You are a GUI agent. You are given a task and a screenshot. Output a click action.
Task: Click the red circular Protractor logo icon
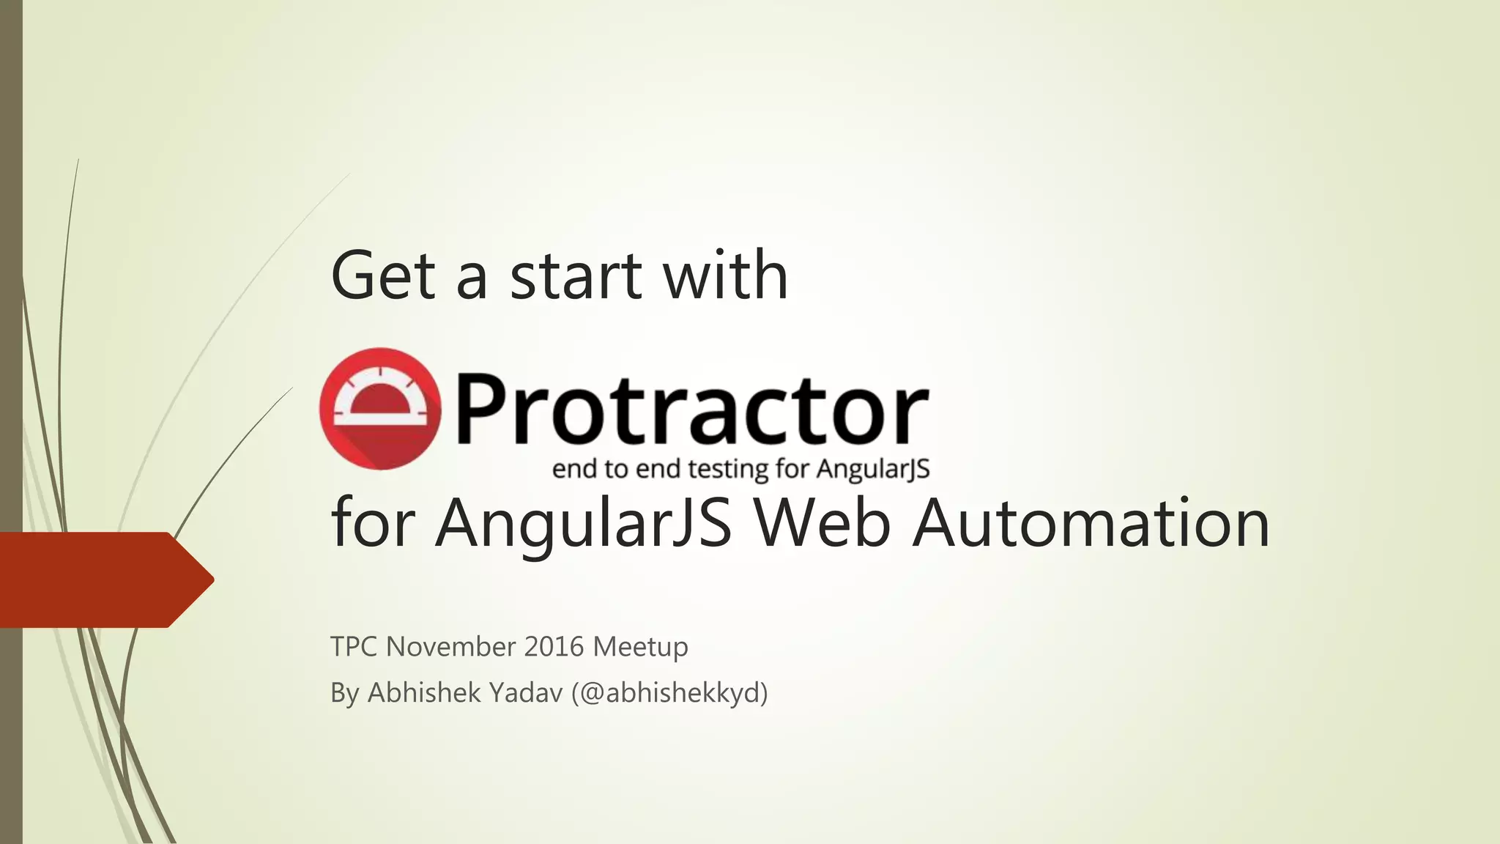tap(380, 408)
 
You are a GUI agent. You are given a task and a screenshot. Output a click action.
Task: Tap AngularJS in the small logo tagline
tap(873, 469)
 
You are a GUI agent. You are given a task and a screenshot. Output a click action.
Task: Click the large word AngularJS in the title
tap(584, 522)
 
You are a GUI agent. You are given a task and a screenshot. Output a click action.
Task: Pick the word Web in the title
tap(823, 522)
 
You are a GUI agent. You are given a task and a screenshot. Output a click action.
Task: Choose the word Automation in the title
tap(1091, 522)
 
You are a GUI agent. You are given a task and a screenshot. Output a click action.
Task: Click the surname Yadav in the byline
tap(526, 692)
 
